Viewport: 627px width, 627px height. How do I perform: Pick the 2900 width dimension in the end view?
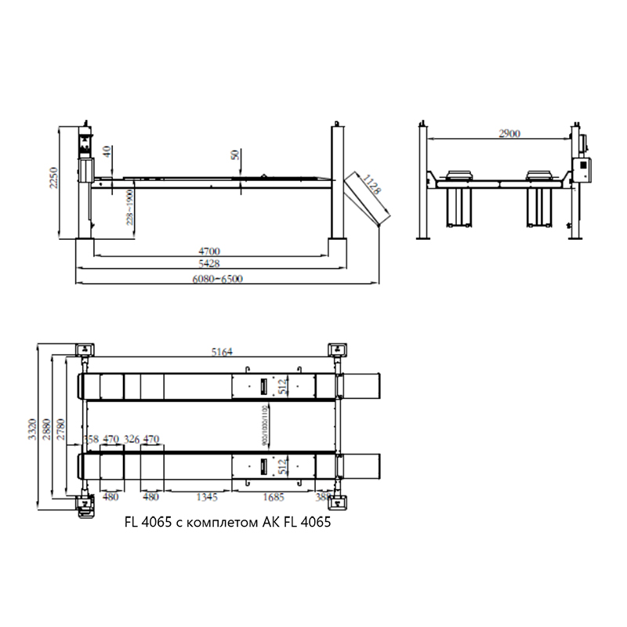(x=509, y=134)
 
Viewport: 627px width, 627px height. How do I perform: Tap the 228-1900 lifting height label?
(x=130, y=206)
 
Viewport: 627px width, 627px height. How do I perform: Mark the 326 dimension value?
(x=131, y=440)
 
